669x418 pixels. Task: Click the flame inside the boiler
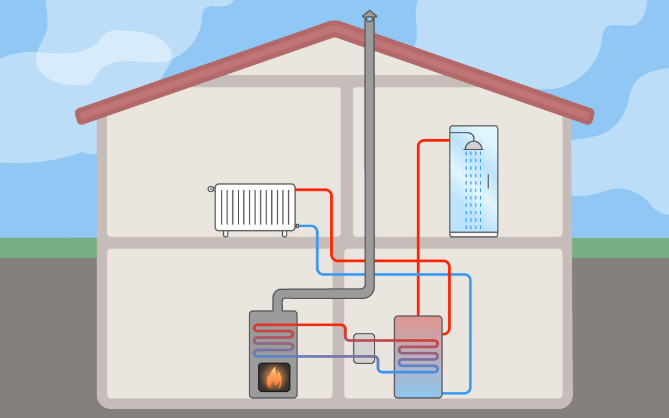[x=274, y=378]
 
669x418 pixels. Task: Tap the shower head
[x=473, y=146]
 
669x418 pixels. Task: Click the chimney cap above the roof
[x=369, y=15]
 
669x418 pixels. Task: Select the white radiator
[x=255, y=207]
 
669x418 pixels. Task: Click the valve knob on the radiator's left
[x=210, y=189]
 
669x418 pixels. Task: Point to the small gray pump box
[x=364, y=348]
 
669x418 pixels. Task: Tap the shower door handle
[x=488, y=181]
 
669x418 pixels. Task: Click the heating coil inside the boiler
[x=274, y=340]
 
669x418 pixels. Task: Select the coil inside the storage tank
[x=418, y=355]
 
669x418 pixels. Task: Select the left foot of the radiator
[x=226, y=233]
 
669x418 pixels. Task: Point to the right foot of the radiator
[x=285, y=233]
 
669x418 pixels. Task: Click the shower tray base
[x=473, y=233]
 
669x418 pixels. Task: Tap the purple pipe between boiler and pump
[x=322, y=355]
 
